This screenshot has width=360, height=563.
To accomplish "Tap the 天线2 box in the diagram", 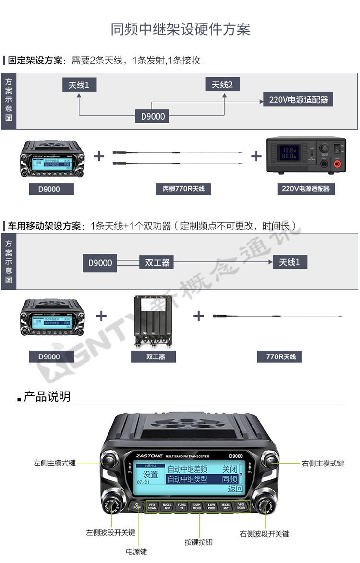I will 222,85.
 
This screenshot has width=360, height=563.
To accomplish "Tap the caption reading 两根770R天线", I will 180,189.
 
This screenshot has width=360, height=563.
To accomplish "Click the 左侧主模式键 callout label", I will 54,464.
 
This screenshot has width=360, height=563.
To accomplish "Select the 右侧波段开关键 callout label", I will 264,534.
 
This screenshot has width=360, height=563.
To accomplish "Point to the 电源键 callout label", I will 136,552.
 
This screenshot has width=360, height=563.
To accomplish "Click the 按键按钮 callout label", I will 198,542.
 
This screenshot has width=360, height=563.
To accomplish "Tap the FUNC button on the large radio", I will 181,506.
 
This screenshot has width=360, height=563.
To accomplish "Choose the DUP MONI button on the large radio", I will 196,506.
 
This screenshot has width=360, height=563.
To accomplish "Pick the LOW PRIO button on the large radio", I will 211,506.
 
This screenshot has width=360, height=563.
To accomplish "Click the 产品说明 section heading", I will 47,397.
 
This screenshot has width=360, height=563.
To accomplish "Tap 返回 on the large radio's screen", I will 235,490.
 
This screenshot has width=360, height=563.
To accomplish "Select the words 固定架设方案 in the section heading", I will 35,61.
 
